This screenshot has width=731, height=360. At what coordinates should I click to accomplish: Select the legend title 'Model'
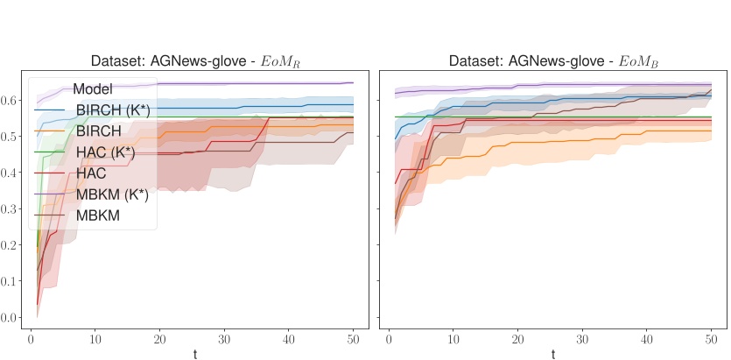pos(92,89)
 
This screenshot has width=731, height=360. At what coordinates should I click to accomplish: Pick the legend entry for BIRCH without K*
pos(100,131)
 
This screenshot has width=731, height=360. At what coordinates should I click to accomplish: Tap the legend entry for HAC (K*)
pos(105,152)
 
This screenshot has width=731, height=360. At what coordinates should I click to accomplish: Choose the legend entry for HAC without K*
pos(92,173)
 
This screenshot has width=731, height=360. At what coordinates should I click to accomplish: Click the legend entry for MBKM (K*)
pos(112,194)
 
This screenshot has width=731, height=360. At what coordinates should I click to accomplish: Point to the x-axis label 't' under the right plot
pos(553,354)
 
